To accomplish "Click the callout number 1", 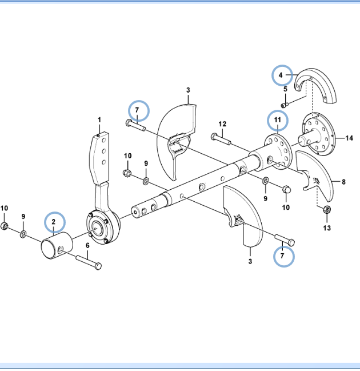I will pyautogui.click(x=99, y=119).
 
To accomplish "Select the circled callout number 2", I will pyautogui.click(x=53, y=221).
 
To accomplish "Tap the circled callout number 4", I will pyautogui.click(x=281, y=75).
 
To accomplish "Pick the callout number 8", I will pyautogui.click(x=343, y=182).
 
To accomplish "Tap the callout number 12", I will pyautogui.click(x=222, y=124).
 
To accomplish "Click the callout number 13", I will pyautogui.click(x=327, y=228).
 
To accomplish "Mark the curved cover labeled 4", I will pyautogui.click(x=317, y=86).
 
